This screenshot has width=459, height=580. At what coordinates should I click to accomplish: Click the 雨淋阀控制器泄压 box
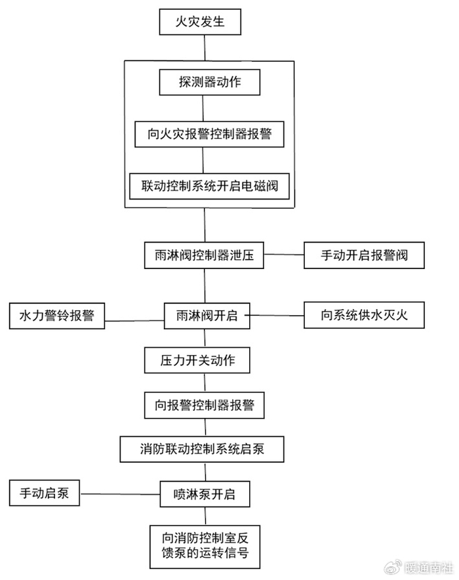[x=203, y=255]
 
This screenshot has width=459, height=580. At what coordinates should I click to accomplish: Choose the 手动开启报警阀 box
[x=364, y=255]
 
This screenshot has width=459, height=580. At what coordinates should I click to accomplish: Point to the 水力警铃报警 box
[x=56, y=316]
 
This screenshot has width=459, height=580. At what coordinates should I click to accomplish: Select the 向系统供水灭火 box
[x=364, y=316]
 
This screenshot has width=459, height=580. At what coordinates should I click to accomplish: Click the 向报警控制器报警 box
[x=204, y=405]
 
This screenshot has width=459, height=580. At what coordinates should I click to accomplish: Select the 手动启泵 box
[x=44, y=493]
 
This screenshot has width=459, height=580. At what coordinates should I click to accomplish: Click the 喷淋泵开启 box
[x=206, y=494]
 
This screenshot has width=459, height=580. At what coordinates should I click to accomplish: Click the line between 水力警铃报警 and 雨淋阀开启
[x=134, y=320]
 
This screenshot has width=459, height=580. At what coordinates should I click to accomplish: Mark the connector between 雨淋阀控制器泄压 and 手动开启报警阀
[x=283, y=254]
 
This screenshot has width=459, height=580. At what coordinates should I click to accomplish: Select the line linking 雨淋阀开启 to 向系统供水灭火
[x=275, y=316]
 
